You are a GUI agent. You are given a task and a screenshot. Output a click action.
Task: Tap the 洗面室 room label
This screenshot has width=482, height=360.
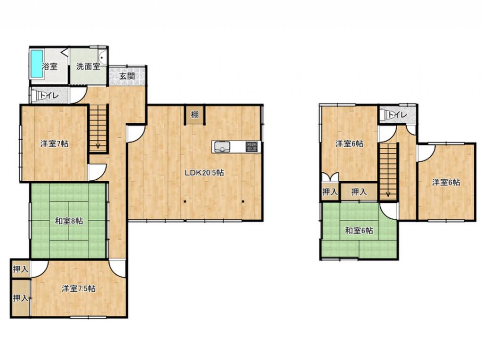pyautogui.click(x=88, y=66)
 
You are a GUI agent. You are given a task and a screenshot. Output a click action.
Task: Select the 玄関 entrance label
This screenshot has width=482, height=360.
pyautogui.click(x=127, y=76)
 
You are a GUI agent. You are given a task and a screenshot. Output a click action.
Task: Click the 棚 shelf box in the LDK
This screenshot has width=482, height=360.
pyautogui.click(x=194, y=115)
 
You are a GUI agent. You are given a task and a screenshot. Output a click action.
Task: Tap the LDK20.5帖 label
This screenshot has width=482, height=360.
pyautogui.click(x=204, y=173)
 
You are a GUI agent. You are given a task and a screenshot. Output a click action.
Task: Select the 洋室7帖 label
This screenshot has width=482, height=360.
pyautogui.click(x=55, y=144)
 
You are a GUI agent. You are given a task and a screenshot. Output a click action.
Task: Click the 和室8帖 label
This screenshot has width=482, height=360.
pyautogui.click(x=69, y=221)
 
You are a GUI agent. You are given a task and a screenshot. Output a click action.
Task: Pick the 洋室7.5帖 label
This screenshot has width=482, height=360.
pyautogui.click(x=79, y=288)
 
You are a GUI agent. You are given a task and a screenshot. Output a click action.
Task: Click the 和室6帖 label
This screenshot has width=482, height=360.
pyautogui.click(x=359, y=230)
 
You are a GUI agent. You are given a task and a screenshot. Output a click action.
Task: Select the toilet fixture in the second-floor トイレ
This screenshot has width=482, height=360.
pyautogui.click(x=384, y=115)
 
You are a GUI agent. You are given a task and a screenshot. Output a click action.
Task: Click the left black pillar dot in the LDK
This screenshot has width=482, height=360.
pyautogui.click(x=185, y=202)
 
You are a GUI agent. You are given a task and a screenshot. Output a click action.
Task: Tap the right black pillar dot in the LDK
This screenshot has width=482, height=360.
pyautogui.click(x=243, y=202)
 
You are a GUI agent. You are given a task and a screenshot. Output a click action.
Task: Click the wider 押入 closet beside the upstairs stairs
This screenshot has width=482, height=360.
pyautogui.click(x=359, y=192)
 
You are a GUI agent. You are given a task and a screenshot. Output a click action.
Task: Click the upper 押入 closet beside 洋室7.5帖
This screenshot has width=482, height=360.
pyautogui.click(x=21, y=269)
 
